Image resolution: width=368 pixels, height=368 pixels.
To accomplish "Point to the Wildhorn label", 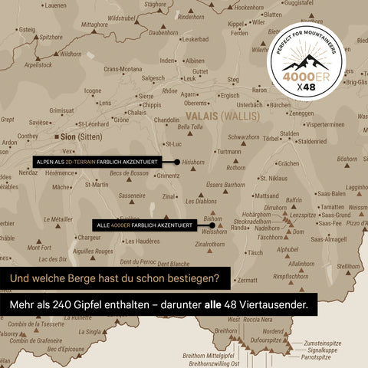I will [70, 54].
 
